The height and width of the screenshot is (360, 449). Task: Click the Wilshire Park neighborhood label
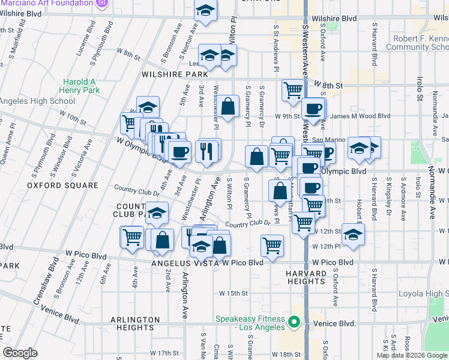click(173, 75)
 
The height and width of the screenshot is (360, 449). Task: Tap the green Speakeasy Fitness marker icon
click(294, 322)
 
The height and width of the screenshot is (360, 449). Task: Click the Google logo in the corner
click(20, 353)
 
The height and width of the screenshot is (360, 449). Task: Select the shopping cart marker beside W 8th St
click(293, 90)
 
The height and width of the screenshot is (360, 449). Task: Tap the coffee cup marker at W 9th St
click(313, 109)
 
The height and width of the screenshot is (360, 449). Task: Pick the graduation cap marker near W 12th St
click(354, 235)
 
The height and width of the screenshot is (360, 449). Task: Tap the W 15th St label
click(234, 293)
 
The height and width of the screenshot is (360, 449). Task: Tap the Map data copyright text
click(412, 355)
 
